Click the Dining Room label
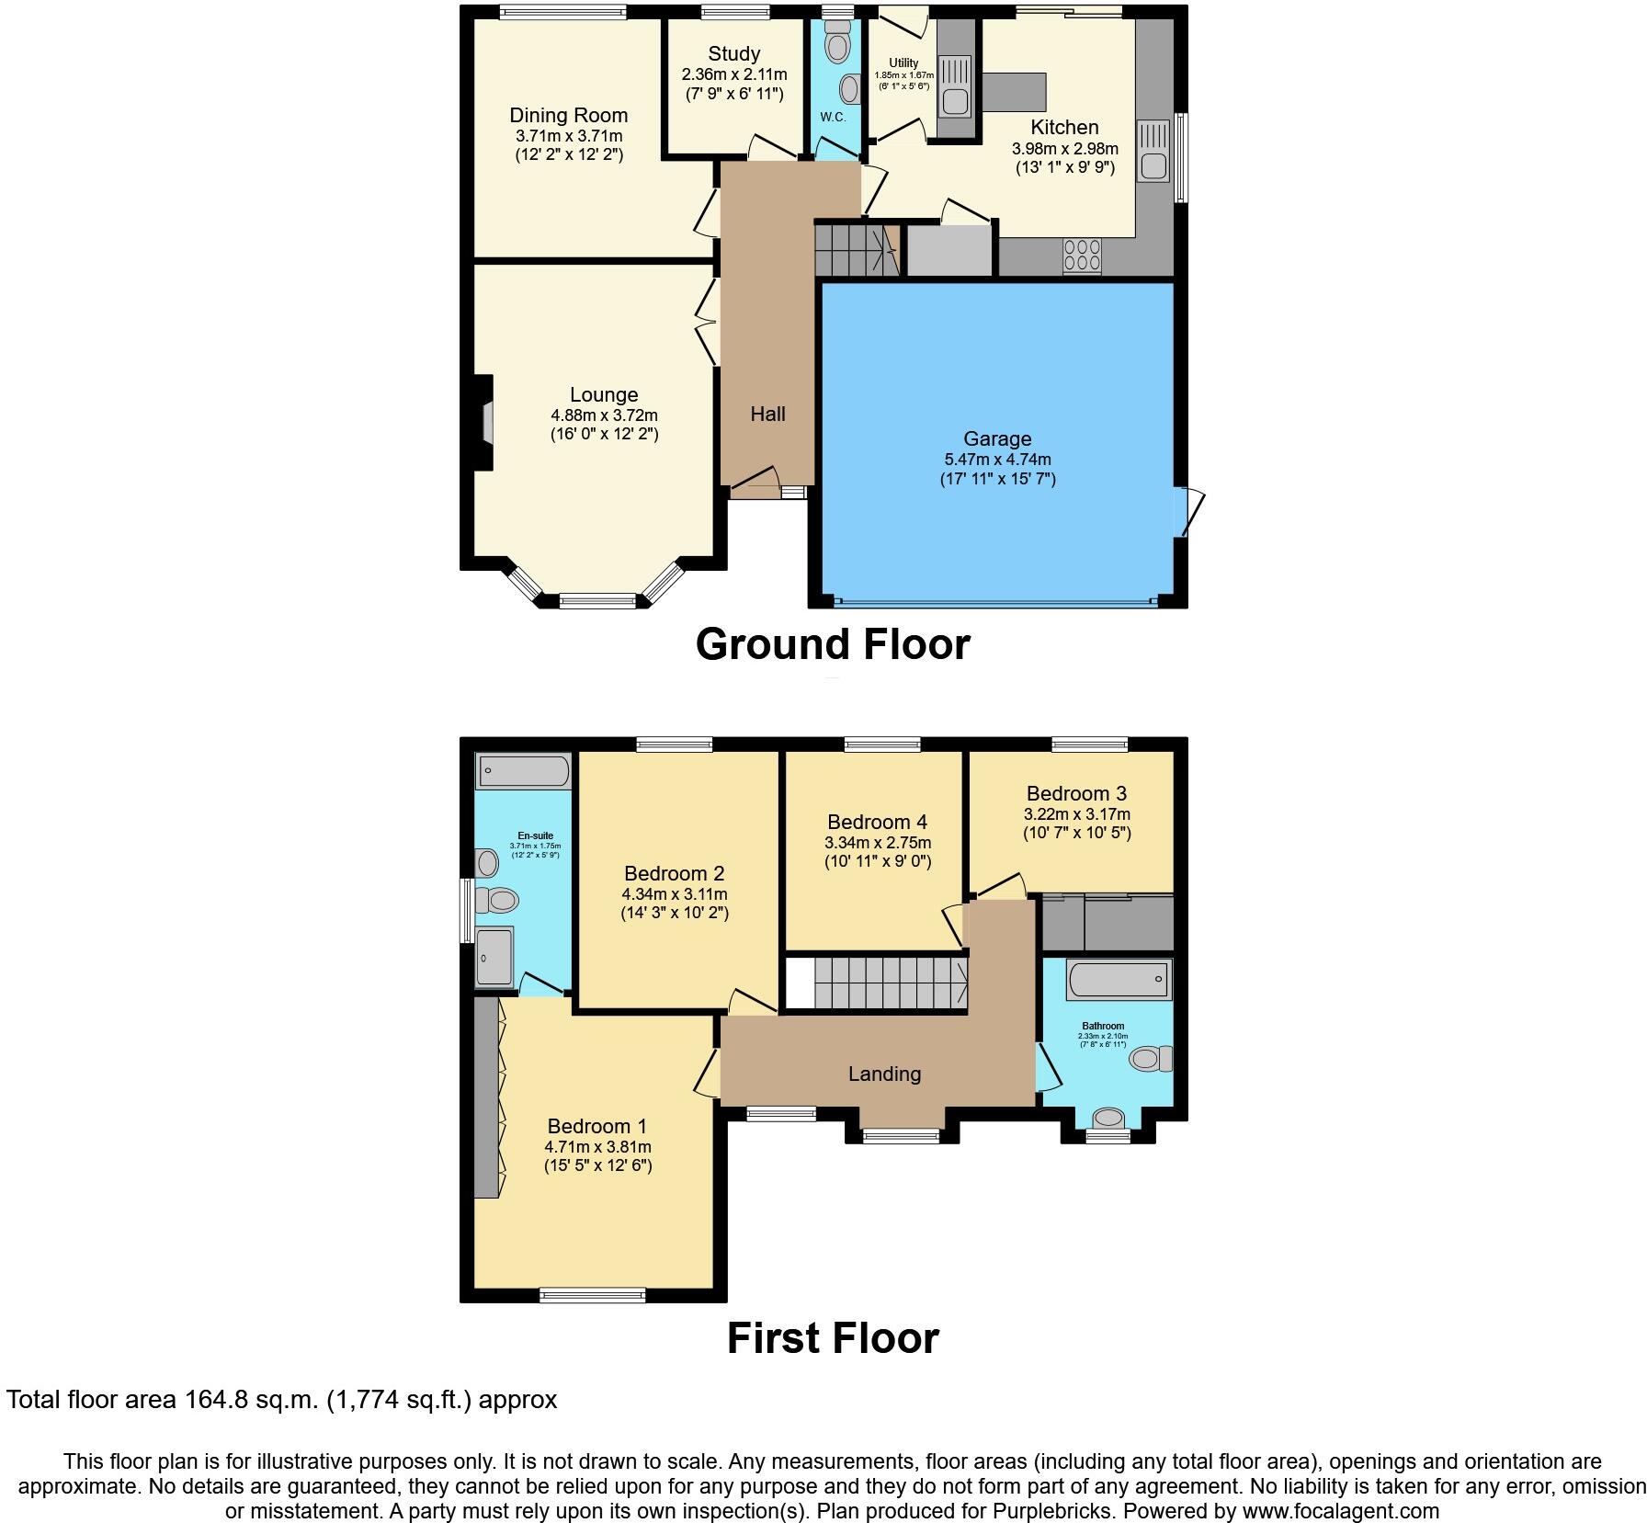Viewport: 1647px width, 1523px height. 568,116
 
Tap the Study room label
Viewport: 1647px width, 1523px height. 733,54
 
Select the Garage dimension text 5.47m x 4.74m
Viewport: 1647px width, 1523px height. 997,460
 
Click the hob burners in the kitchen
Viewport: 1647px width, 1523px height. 1082,255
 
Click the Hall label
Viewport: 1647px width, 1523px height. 767,415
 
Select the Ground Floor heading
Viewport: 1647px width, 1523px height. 832,644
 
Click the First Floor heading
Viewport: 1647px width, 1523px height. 833,1338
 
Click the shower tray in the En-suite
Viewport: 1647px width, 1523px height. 494,957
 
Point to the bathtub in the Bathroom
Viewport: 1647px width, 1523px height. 1119,980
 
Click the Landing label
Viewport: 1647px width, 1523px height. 884,1074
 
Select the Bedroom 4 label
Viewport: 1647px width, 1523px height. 877,822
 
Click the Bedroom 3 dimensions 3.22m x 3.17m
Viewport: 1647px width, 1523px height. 1076,814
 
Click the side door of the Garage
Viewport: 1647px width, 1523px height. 1189,512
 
